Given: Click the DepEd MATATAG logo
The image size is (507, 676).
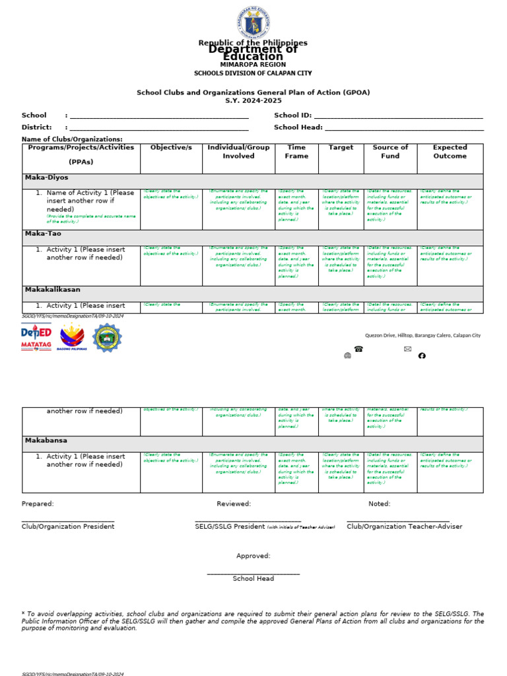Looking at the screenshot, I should (x=36, y=337).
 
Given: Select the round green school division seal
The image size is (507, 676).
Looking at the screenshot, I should (x=106, y=337).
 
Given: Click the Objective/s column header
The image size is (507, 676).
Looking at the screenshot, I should (x=171, y=148).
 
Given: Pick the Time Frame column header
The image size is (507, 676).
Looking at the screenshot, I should (x=296, y=152).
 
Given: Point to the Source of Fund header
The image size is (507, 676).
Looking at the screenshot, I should (x=390, y=152).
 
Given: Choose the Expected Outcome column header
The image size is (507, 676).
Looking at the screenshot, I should (x=450, y=152).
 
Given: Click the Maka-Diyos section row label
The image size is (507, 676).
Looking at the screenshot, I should (x=46, y=178).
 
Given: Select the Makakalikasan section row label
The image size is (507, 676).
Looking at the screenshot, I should (x=52, y=290).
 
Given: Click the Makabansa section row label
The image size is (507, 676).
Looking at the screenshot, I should (x=46, y=440).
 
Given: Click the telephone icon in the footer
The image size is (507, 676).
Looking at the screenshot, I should (x=358, y=349).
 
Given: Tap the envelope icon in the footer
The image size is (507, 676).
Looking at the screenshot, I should (x=407, y=349).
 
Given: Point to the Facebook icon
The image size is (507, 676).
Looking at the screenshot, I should (x=422, y=356).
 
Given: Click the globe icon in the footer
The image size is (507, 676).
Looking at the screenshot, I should (x=347, y=356).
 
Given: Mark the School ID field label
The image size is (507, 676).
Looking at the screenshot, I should (x=292, y=115).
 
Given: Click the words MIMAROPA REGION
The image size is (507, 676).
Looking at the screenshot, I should (x=253, y=65).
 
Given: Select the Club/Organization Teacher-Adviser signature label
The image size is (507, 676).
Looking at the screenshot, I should (x=404, y=527).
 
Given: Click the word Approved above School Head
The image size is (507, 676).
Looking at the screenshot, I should (x=253, y=556).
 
